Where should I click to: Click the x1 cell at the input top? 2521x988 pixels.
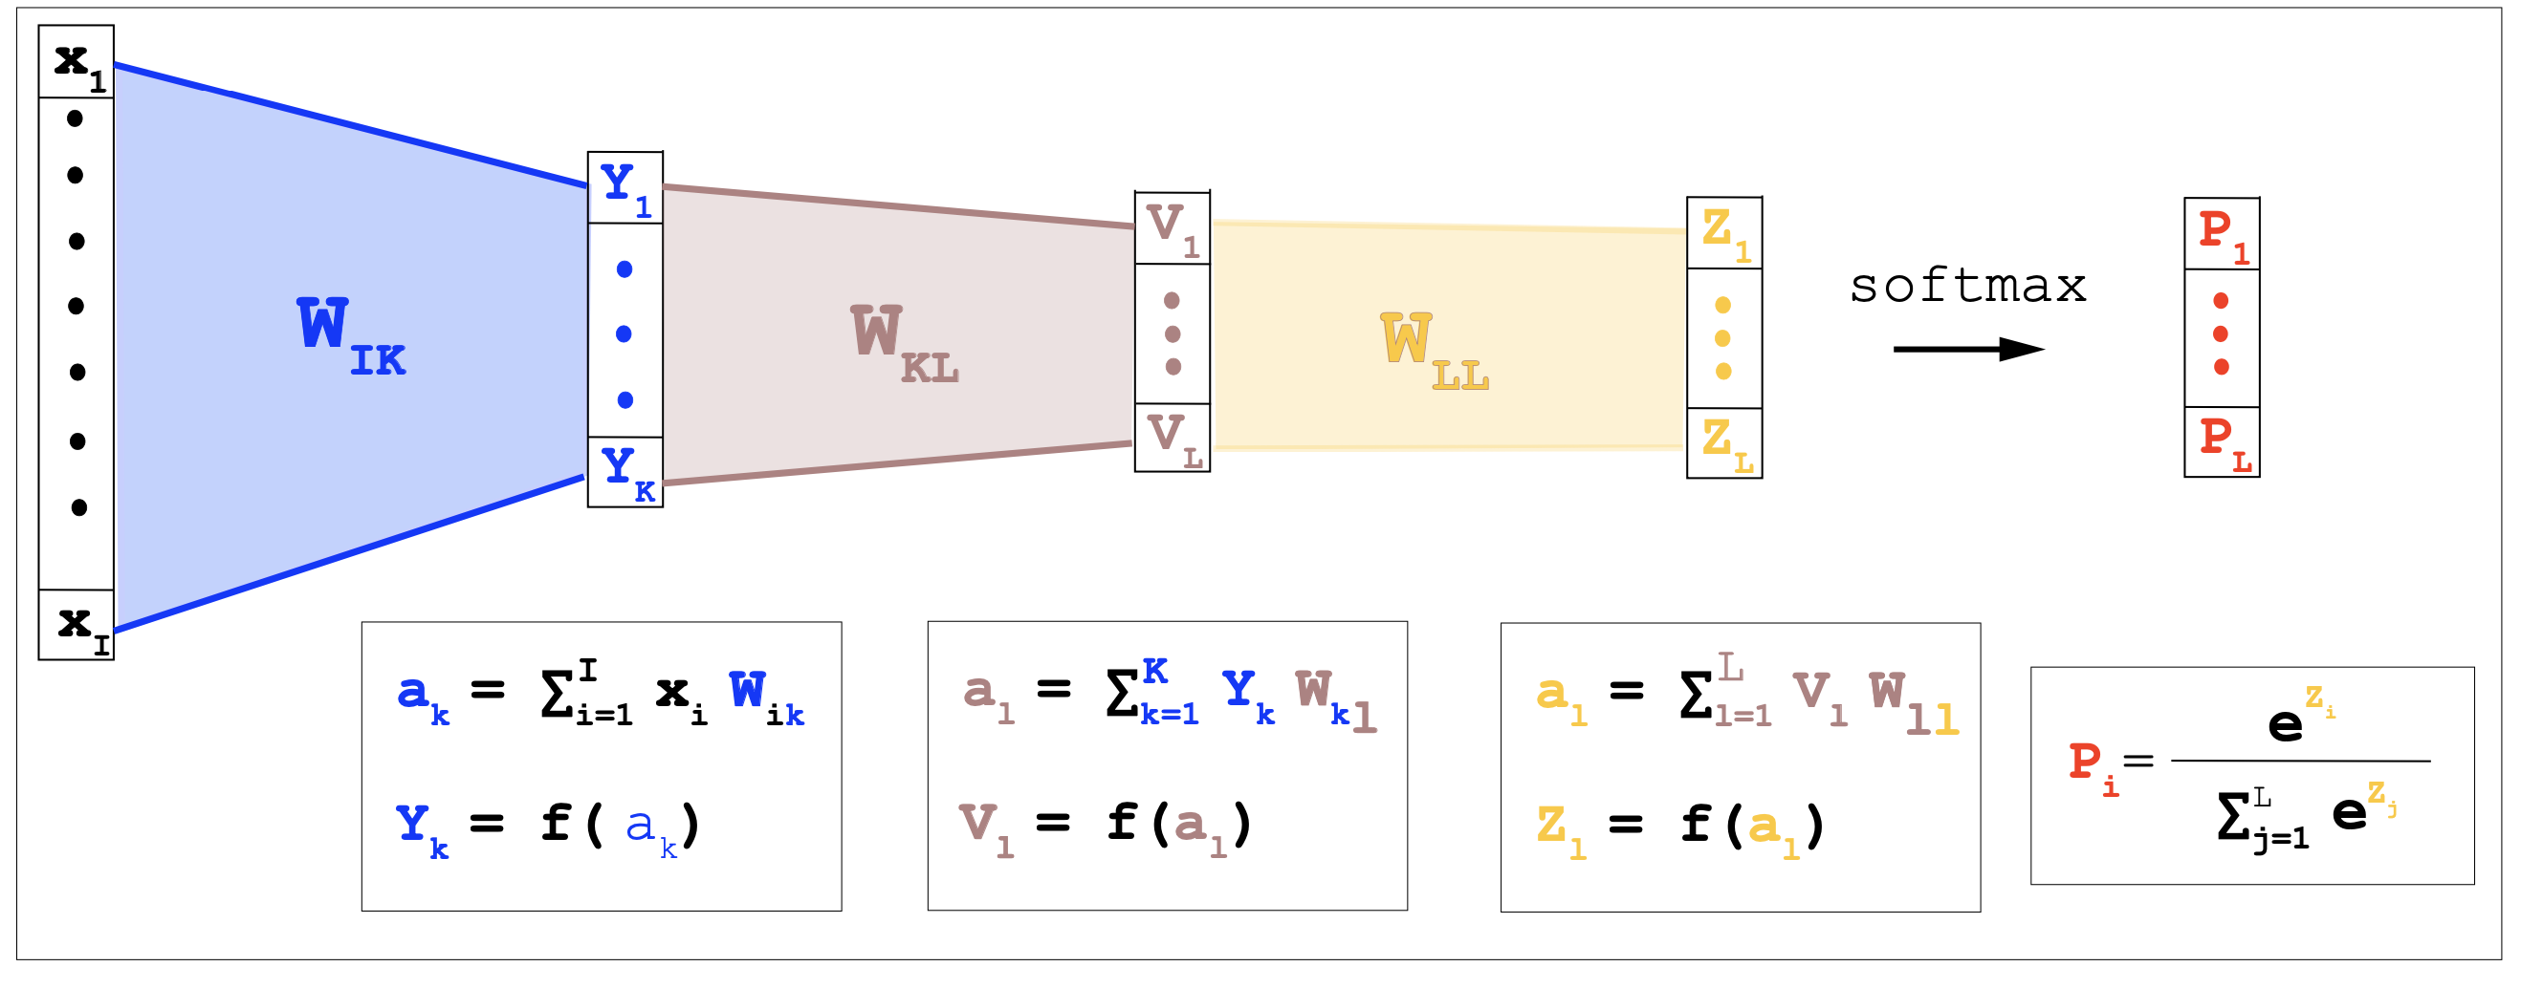pos(77,61)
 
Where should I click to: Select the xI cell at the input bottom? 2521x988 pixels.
pos(77,624)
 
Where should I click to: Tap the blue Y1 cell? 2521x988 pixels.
pos(625,188)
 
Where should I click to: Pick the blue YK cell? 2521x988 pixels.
pos(625,471)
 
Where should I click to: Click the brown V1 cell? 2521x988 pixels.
pos(1172,228)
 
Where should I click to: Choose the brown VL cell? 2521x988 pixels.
pos(1172,438)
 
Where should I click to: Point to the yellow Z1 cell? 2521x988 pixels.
pos(1724,233)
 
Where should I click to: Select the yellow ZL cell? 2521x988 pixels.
pos(1724,443)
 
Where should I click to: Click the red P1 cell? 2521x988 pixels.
pos(2222,234)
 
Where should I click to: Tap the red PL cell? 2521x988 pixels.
pos(2222,442)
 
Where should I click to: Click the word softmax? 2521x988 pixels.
pos(1967,286)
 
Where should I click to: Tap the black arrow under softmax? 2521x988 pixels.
pos(1967,349)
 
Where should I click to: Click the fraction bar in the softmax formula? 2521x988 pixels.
pos(2300,760)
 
